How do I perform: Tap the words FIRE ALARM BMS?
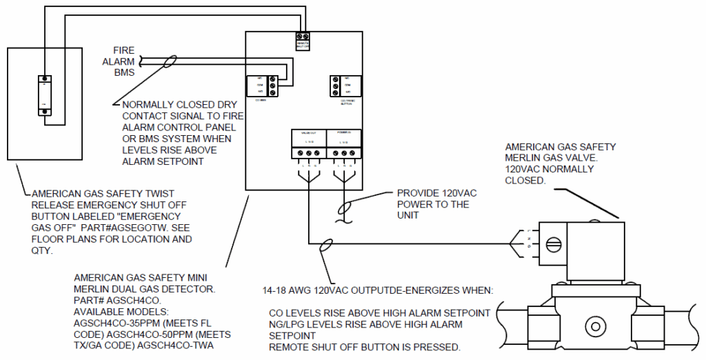(x=124, y=61)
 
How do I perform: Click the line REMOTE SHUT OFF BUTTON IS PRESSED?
(x=364, y=347)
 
